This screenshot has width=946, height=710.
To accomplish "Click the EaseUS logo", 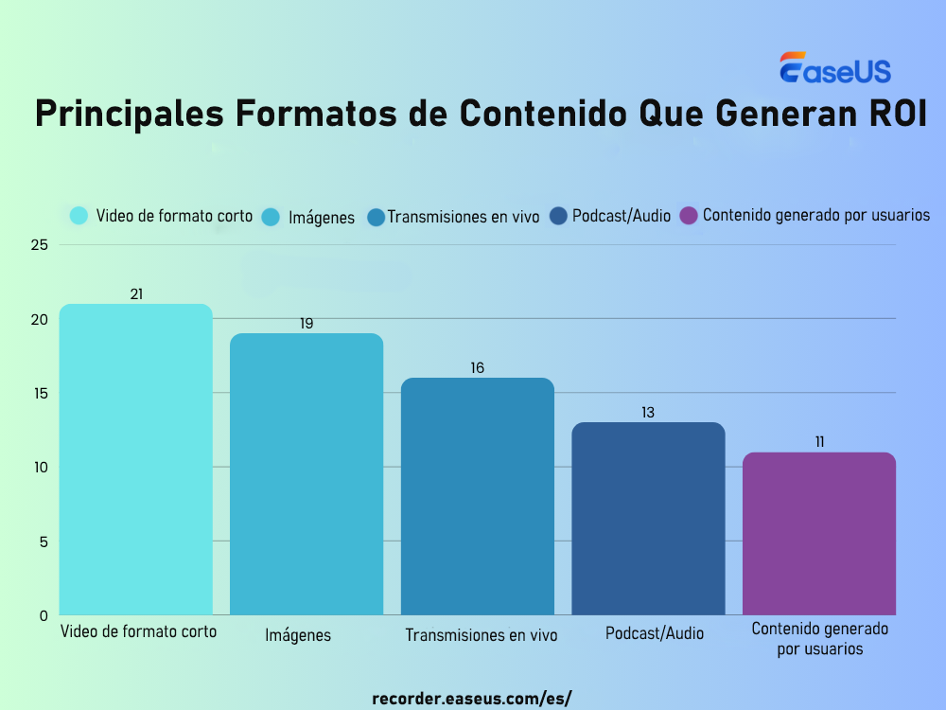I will pyautogui.click(x=834, y=69).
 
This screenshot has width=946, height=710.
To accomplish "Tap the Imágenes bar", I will pyautogui.click(x=307, y=473).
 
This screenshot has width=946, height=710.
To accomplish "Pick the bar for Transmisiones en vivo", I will pyautogui.click(x=478, y=496).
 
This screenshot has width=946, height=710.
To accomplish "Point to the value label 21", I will pyautogui.click(x=136, y=294).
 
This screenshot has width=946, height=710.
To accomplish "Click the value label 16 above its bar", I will pyautogui.click(x=478, y=367).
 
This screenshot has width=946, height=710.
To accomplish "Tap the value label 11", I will pyautogui.click(x=819, y=442).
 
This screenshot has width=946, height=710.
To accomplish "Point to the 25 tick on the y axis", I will pyautogui.click(x=40, y=245).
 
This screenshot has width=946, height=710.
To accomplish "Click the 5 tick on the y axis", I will pyautogui.click(x=44, y=541).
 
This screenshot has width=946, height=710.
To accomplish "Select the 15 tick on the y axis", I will pyautogui.click(x=40, y=393).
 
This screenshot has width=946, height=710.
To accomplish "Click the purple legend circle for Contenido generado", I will pyautogui.click(x=689, y=216).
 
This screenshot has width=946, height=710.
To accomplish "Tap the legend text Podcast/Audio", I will pyautogui.click(x=622, y=216).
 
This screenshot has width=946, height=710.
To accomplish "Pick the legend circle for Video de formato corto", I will pyautogui.click(x=79, y=216).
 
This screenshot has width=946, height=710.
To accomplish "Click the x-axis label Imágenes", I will pyautogui.click(x=298, y=635).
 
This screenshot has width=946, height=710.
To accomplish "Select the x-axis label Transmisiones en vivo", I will pyautogui.click(x=482, y=635).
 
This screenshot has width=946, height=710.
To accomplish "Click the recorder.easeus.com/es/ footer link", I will pyautogui.click(x=472, y=699).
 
